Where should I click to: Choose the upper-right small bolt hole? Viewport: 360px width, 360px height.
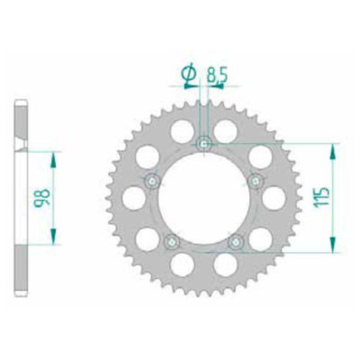point(255,180)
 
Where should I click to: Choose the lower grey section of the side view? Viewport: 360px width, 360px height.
point(22,261)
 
